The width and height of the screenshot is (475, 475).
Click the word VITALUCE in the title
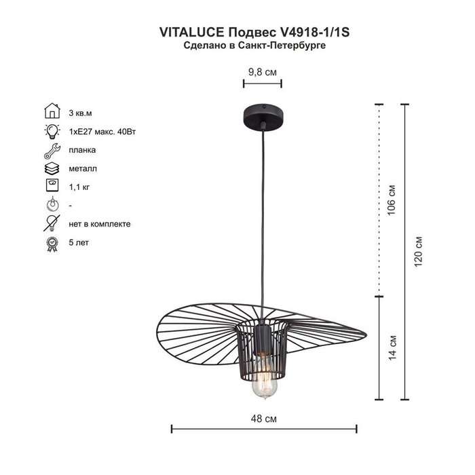pos(192,32)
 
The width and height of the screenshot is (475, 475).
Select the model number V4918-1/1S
pos(313,32)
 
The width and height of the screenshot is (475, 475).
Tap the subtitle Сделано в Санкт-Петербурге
pos(254,45)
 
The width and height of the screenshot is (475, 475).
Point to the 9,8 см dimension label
pos(263,72)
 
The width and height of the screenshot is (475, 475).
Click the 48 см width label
pos(263,419)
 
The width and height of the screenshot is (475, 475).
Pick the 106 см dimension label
pos(392,199)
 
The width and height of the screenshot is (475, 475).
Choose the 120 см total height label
pos(418,251)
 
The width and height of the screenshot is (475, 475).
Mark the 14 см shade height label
pos(392,347)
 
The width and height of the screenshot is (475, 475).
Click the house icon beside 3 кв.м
pos(52,111)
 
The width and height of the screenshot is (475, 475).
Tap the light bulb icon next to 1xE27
pos(52,131)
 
